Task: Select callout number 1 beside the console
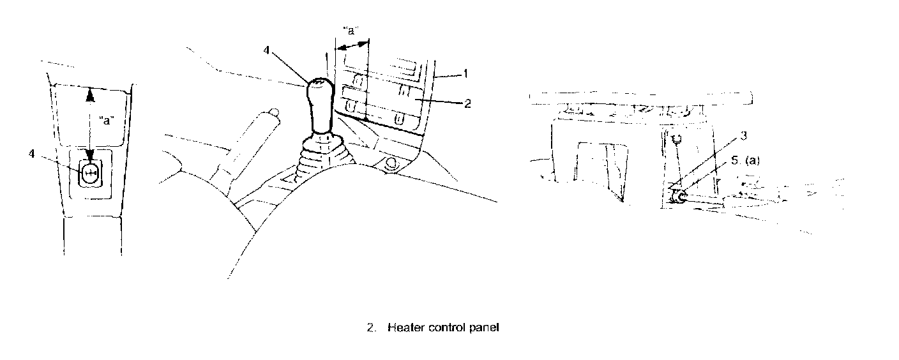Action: tap(466, 74)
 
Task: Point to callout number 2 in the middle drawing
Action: tap(467, 102)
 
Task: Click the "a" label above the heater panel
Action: tap(350, 30)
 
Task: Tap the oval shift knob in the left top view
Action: tap(90, 173)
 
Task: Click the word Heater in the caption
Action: tap(403, 328)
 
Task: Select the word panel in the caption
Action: tap(483, 328)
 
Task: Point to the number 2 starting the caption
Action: tap(370, 328)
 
